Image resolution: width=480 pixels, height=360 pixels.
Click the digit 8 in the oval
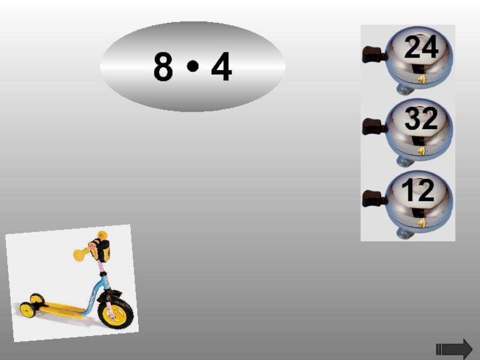163,66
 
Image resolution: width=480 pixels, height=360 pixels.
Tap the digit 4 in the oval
221,66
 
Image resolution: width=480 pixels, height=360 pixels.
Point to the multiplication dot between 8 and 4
193,66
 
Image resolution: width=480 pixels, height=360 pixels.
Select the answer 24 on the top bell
421,47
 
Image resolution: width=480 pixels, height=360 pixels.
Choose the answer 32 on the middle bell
421,118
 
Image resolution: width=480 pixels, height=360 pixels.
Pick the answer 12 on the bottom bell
418,190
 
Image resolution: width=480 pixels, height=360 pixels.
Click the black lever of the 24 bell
374,55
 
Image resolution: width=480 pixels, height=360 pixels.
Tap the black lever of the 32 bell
374,127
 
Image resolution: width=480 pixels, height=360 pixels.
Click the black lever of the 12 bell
374,199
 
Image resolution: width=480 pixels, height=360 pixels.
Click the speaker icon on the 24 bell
422,80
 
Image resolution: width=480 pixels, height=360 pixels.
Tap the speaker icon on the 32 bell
422,151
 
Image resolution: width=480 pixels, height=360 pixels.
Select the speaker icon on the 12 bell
422,223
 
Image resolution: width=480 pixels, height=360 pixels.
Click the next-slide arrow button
454,349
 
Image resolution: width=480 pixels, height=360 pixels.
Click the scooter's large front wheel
115,313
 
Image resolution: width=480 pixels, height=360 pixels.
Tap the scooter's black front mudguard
109,296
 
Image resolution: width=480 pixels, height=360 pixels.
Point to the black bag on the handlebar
100,250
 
